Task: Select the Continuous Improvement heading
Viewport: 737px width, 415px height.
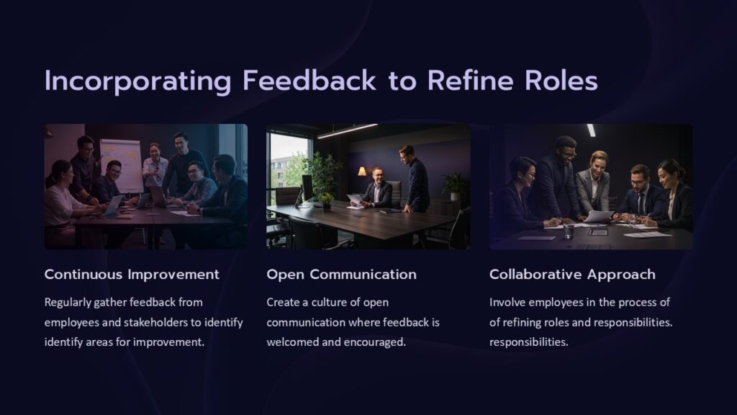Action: [132, 275]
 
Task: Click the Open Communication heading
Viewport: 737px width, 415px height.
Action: [341, 275]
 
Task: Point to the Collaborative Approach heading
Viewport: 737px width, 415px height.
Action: [572, 275]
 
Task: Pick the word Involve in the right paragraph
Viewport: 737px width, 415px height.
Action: [507, 302]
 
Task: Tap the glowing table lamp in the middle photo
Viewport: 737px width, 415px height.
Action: [362, 172]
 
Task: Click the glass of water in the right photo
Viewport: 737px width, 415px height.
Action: [569, 231]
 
